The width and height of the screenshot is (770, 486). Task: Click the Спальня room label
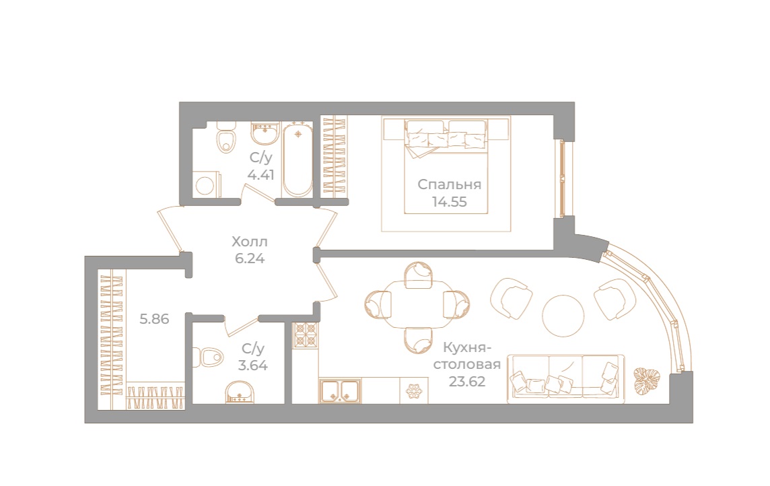[450, 184]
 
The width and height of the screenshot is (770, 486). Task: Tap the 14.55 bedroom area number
[450, 202]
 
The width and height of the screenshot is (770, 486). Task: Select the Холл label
[250, 242]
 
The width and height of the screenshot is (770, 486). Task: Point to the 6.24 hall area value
[250, 258]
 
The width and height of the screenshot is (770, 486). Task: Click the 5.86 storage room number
[154, 319]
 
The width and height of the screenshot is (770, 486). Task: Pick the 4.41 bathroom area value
[260, 175]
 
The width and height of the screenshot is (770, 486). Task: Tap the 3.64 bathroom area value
[253, 366]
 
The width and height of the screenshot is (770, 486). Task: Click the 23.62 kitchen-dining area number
[467, 381]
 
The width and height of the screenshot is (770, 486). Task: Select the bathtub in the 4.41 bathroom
[297, 160]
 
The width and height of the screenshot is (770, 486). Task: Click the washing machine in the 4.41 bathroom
[206, 184]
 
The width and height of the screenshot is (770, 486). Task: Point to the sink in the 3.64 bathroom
[240, 392]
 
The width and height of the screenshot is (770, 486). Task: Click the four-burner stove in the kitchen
[306, 335]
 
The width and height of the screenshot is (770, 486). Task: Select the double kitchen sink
[340, 390]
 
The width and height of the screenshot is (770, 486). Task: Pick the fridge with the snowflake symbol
[414, 390]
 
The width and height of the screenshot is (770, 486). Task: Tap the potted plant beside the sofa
[647, 380]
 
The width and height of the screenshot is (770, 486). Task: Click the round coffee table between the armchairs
[563, 316]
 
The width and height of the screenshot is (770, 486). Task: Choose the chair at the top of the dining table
[419, 275]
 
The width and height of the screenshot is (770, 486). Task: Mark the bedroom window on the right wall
[562, 178]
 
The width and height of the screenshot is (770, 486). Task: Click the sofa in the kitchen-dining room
[565, 378]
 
